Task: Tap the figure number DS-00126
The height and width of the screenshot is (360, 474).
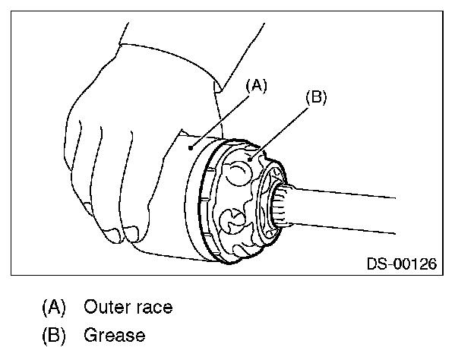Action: pos(401,264)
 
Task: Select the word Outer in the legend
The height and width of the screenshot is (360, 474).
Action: pos(107,308)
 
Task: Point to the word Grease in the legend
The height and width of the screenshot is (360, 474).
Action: pos(115,335)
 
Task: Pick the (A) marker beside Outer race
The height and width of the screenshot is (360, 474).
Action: pos(54,308)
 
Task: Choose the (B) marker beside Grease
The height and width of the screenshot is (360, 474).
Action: pos(54,335)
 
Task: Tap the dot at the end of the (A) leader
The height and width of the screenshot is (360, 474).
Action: pos(193,144)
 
